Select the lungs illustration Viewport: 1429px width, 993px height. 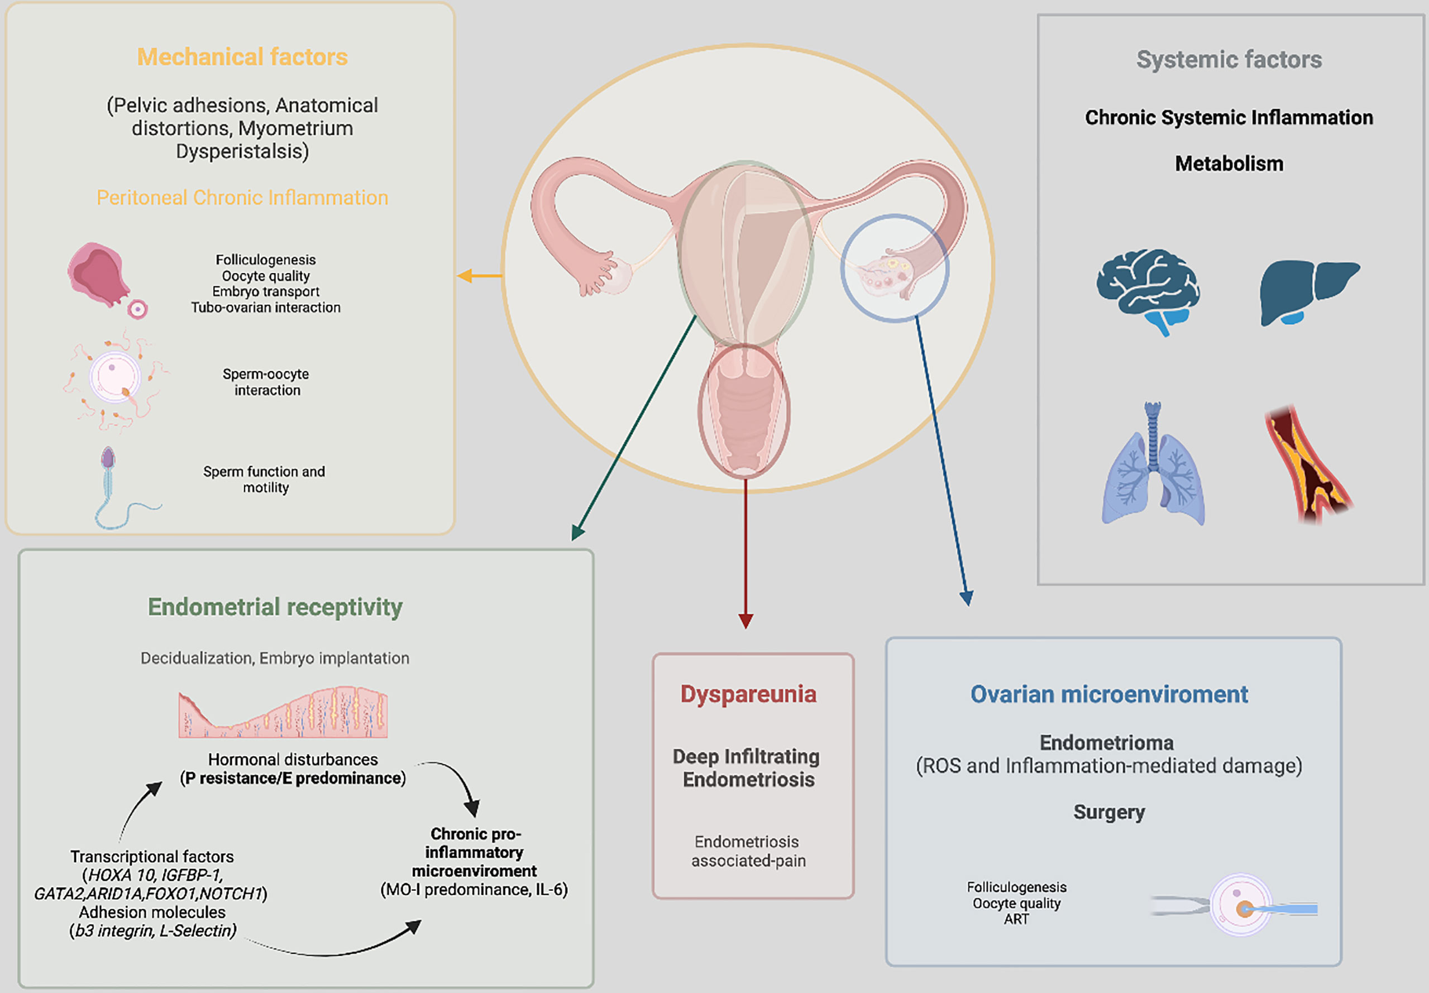(1153, 467)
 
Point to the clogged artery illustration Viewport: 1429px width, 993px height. (1307, 463)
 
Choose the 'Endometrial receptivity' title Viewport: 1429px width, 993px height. (275, 607)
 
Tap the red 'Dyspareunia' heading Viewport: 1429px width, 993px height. (748, 694)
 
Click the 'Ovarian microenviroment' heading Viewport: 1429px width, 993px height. (1109, 694)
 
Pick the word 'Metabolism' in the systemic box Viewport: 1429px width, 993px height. (1229, 164)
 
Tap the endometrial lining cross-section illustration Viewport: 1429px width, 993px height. (283, 714)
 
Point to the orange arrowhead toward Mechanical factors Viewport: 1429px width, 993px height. (464, 276)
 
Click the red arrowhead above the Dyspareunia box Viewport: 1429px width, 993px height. (745, 621)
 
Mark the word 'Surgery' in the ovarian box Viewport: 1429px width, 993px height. (1109, 812)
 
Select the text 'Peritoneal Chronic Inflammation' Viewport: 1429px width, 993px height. (242, 198)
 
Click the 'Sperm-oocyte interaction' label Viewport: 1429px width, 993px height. (266, 382)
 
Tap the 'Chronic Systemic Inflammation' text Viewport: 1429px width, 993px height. (1229, 118)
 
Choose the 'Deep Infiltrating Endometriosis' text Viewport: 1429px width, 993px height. (747, 767)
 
